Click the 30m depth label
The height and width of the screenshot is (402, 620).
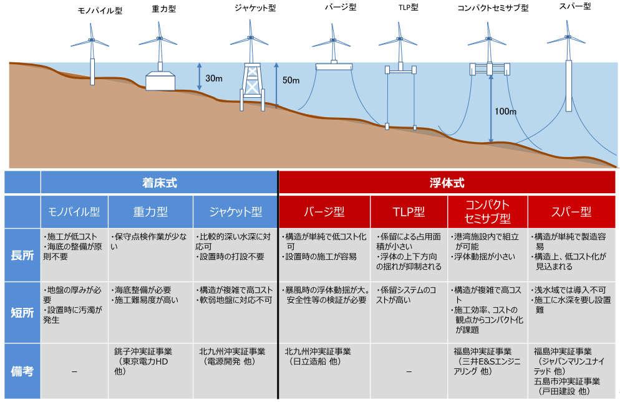tap(213, 79)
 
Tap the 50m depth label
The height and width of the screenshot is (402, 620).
tap(291, 80)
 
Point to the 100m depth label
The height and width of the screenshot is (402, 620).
tap(505, 112)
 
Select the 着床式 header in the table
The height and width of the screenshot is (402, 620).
tap(159, 183)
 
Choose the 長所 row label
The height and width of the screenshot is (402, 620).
tap(22, 255)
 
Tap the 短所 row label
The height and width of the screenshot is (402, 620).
tap(22, 312)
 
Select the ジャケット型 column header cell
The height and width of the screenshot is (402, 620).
tap(234, 212)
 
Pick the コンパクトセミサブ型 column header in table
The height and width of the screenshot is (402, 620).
tap(488, 212)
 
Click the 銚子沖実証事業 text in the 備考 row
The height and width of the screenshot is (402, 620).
tap(143, 352)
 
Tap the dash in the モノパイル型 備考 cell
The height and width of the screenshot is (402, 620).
tap(74, 372)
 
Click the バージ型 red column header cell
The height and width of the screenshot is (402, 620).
tap(324, 212)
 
